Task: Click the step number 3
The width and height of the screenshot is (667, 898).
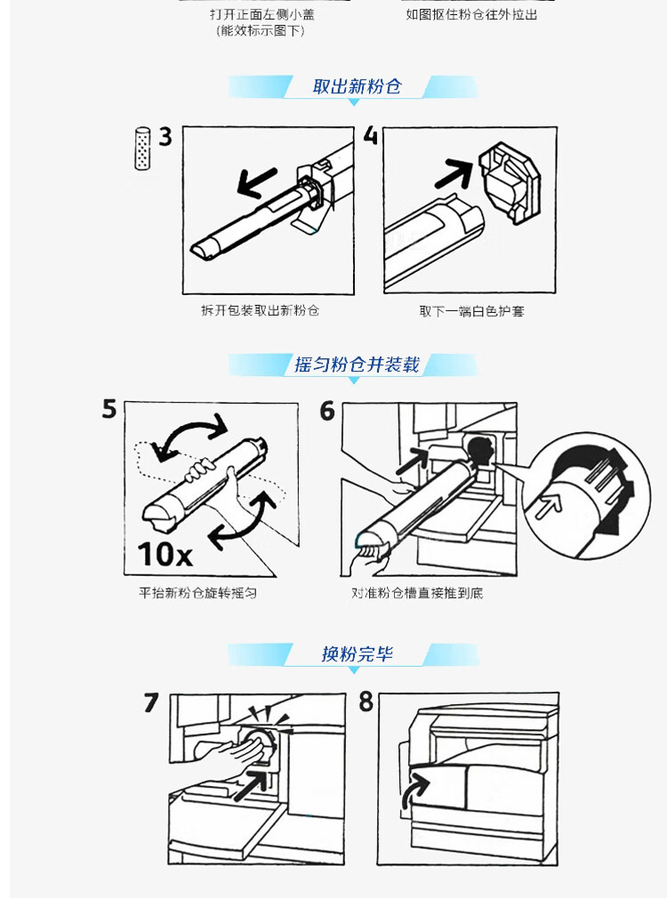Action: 165,137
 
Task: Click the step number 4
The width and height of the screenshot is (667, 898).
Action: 371,135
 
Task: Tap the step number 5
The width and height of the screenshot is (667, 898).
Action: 108,409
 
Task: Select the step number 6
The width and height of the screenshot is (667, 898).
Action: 327,411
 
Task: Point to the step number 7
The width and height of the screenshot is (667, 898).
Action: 150,702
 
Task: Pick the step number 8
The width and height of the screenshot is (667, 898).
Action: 366,702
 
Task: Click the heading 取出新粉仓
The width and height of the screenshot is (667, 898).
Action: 357,86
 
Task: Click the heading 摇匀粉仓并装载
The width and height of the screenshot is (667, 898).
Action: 357,365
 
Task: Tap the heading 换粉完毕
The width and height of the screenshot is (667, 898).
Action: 357,653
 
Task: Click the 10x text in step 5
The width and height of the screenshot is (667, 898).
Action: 165,554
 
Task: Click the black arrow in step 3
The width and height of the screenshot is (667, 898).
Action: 257,182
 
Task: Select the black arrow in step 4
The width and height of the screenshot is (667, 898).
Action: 454,173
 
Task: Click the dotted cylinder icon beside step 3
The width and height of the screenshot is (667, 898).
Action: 142,148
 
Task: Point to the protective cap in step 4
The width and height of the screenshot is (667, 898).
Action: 510,182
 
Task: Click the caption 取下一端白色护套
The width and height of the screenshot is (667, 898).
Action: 471,311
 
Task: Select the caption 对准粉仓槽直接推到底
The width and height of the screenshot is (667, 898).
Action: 417,593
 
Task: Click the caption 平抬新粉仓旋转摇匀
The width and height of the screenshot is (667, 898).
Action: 197,593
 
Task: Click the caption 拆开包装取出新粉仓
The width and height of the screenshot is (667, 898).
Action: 260,310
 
